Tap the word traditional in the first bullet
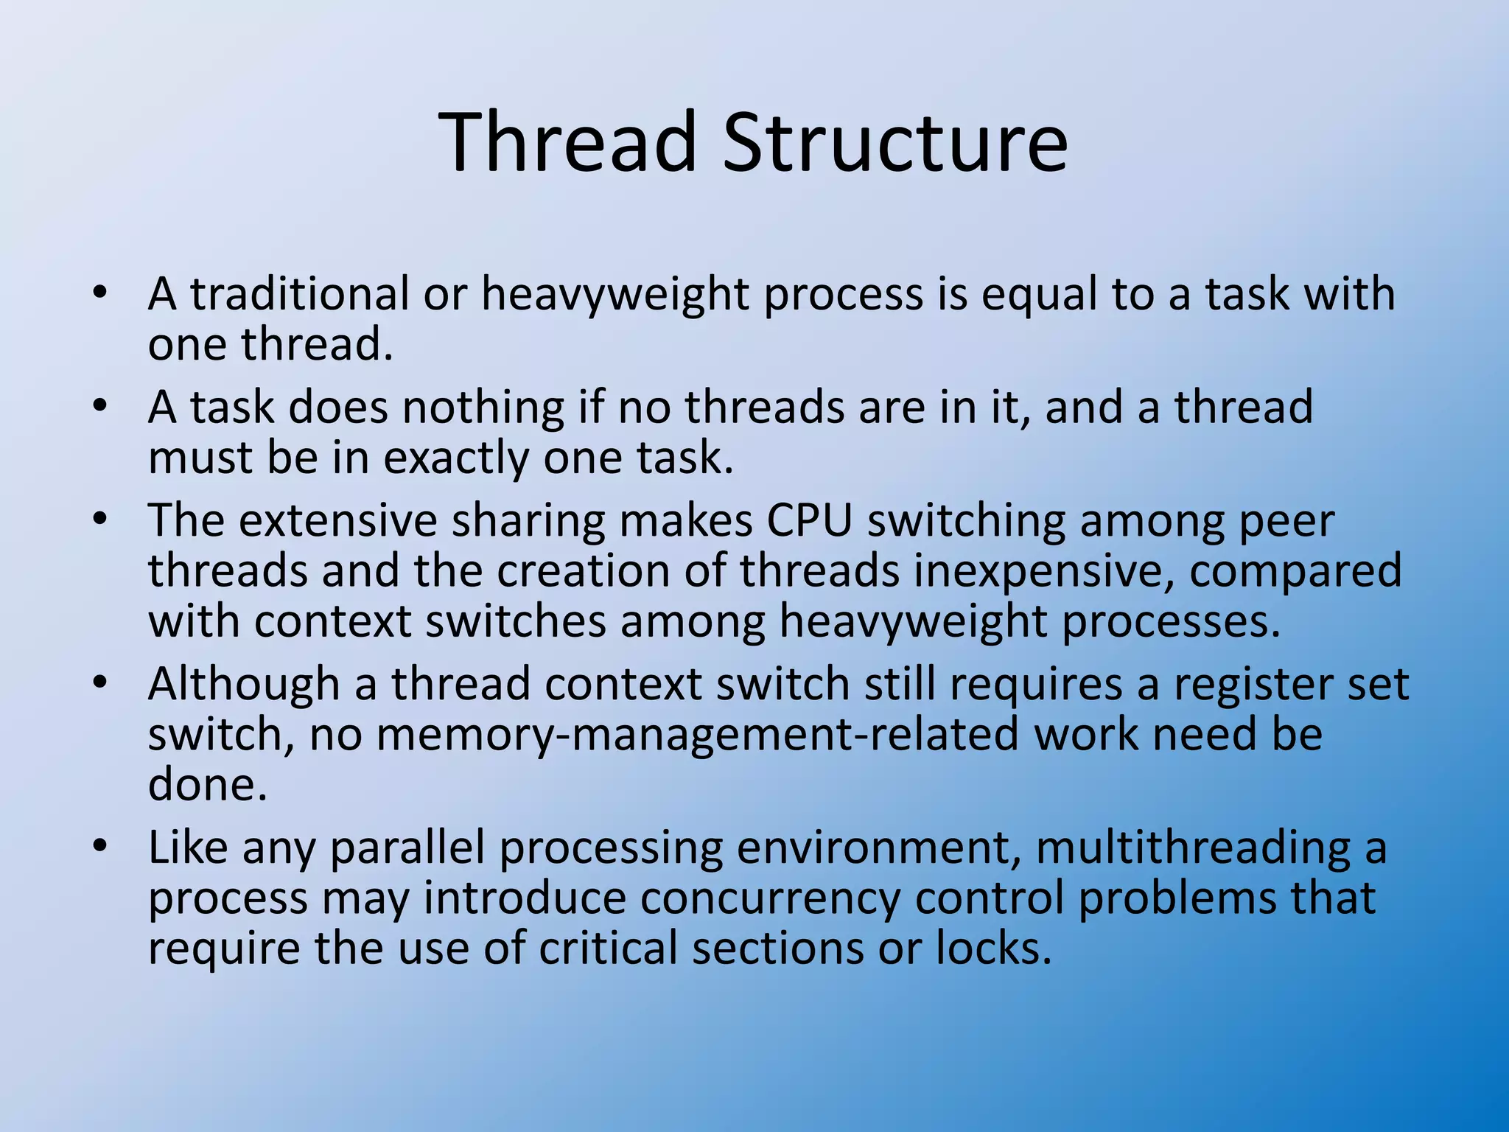[x=299, y=294]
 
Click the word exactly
[x=455, y=459]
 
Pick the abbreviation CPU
[x=809, y=521]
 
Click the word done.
[x=207, y=785]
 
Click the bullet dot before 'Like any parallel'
[x=101, y=846]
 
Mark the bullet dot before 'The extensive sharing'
[x=101, y=519]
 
